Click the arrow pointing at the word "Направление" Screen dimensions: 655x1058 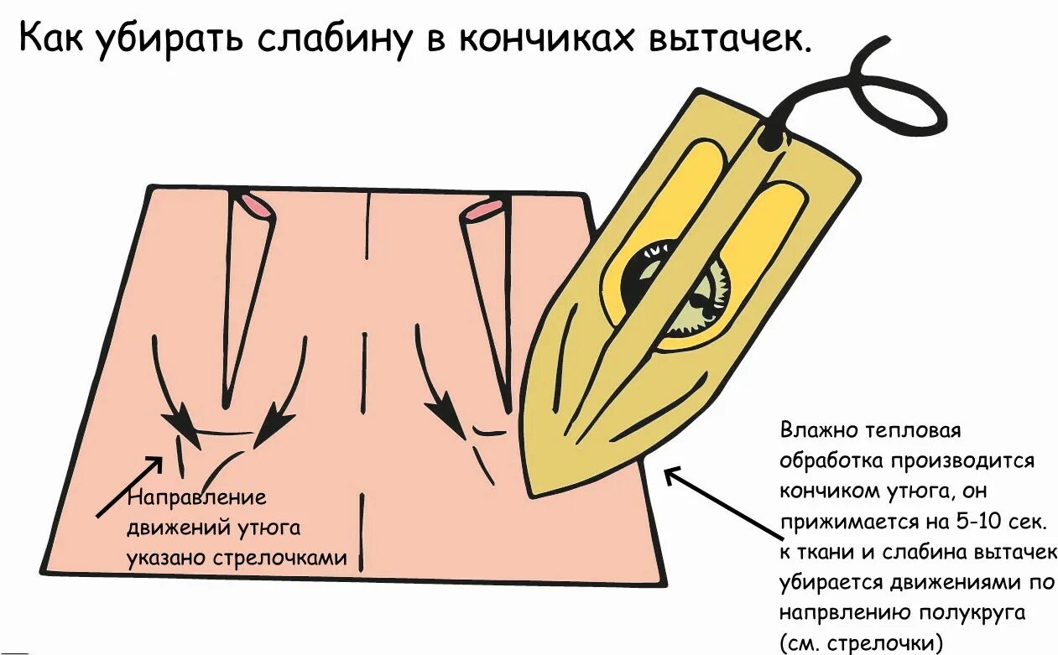tap(130, 486)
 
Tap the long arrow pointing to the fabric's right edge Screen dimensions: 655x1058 tap(722, 503)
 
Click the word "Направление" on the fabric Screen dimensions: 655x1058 tap(196, 497)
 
